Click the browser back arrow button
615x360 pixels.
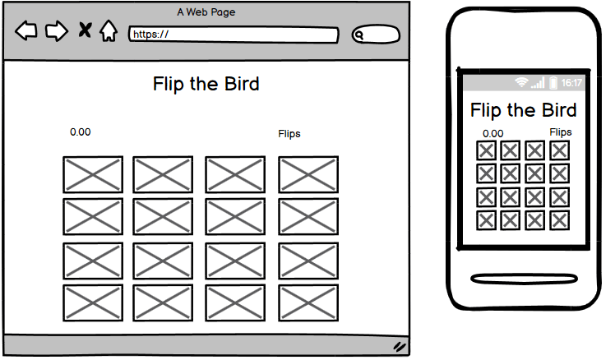click(x=26, y=30)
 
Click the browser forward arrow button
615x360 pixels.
click(x=57, y=31)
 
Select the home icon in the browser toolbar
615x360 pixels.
click(x=109, y=30)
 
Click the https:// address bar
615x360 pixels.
click(x=234, y=35)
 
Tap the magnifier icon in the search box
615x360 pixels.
click(x=358, y=35)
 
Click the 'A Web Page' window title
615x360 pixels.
click(x=206, y=12)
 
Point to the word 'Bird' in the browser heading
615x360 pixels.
click(x=242, y=84)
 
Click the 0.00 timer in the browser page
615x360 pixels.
click(x=81, y=132)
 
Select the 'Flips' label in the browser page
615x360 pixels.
click(x=289, y=134)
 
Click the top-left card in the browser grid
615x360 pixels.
click(x=93, y=174)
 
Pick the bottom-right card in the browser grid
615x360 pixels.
click(x=308, y=303)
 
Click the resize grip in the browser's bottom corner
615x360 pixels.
click(x=400, y=346)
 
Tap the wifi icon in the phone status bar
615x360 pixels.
click(x=521, y=82)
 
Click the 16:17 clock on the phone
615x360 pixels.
click(x=571, y=83)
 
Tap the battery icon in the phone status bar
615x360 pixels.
click(x=553, y=83)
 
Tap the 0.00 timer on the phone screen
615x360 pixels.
click(x=493, y=134)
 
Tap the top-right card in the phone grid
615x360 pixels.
click(x=559, y=150)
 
